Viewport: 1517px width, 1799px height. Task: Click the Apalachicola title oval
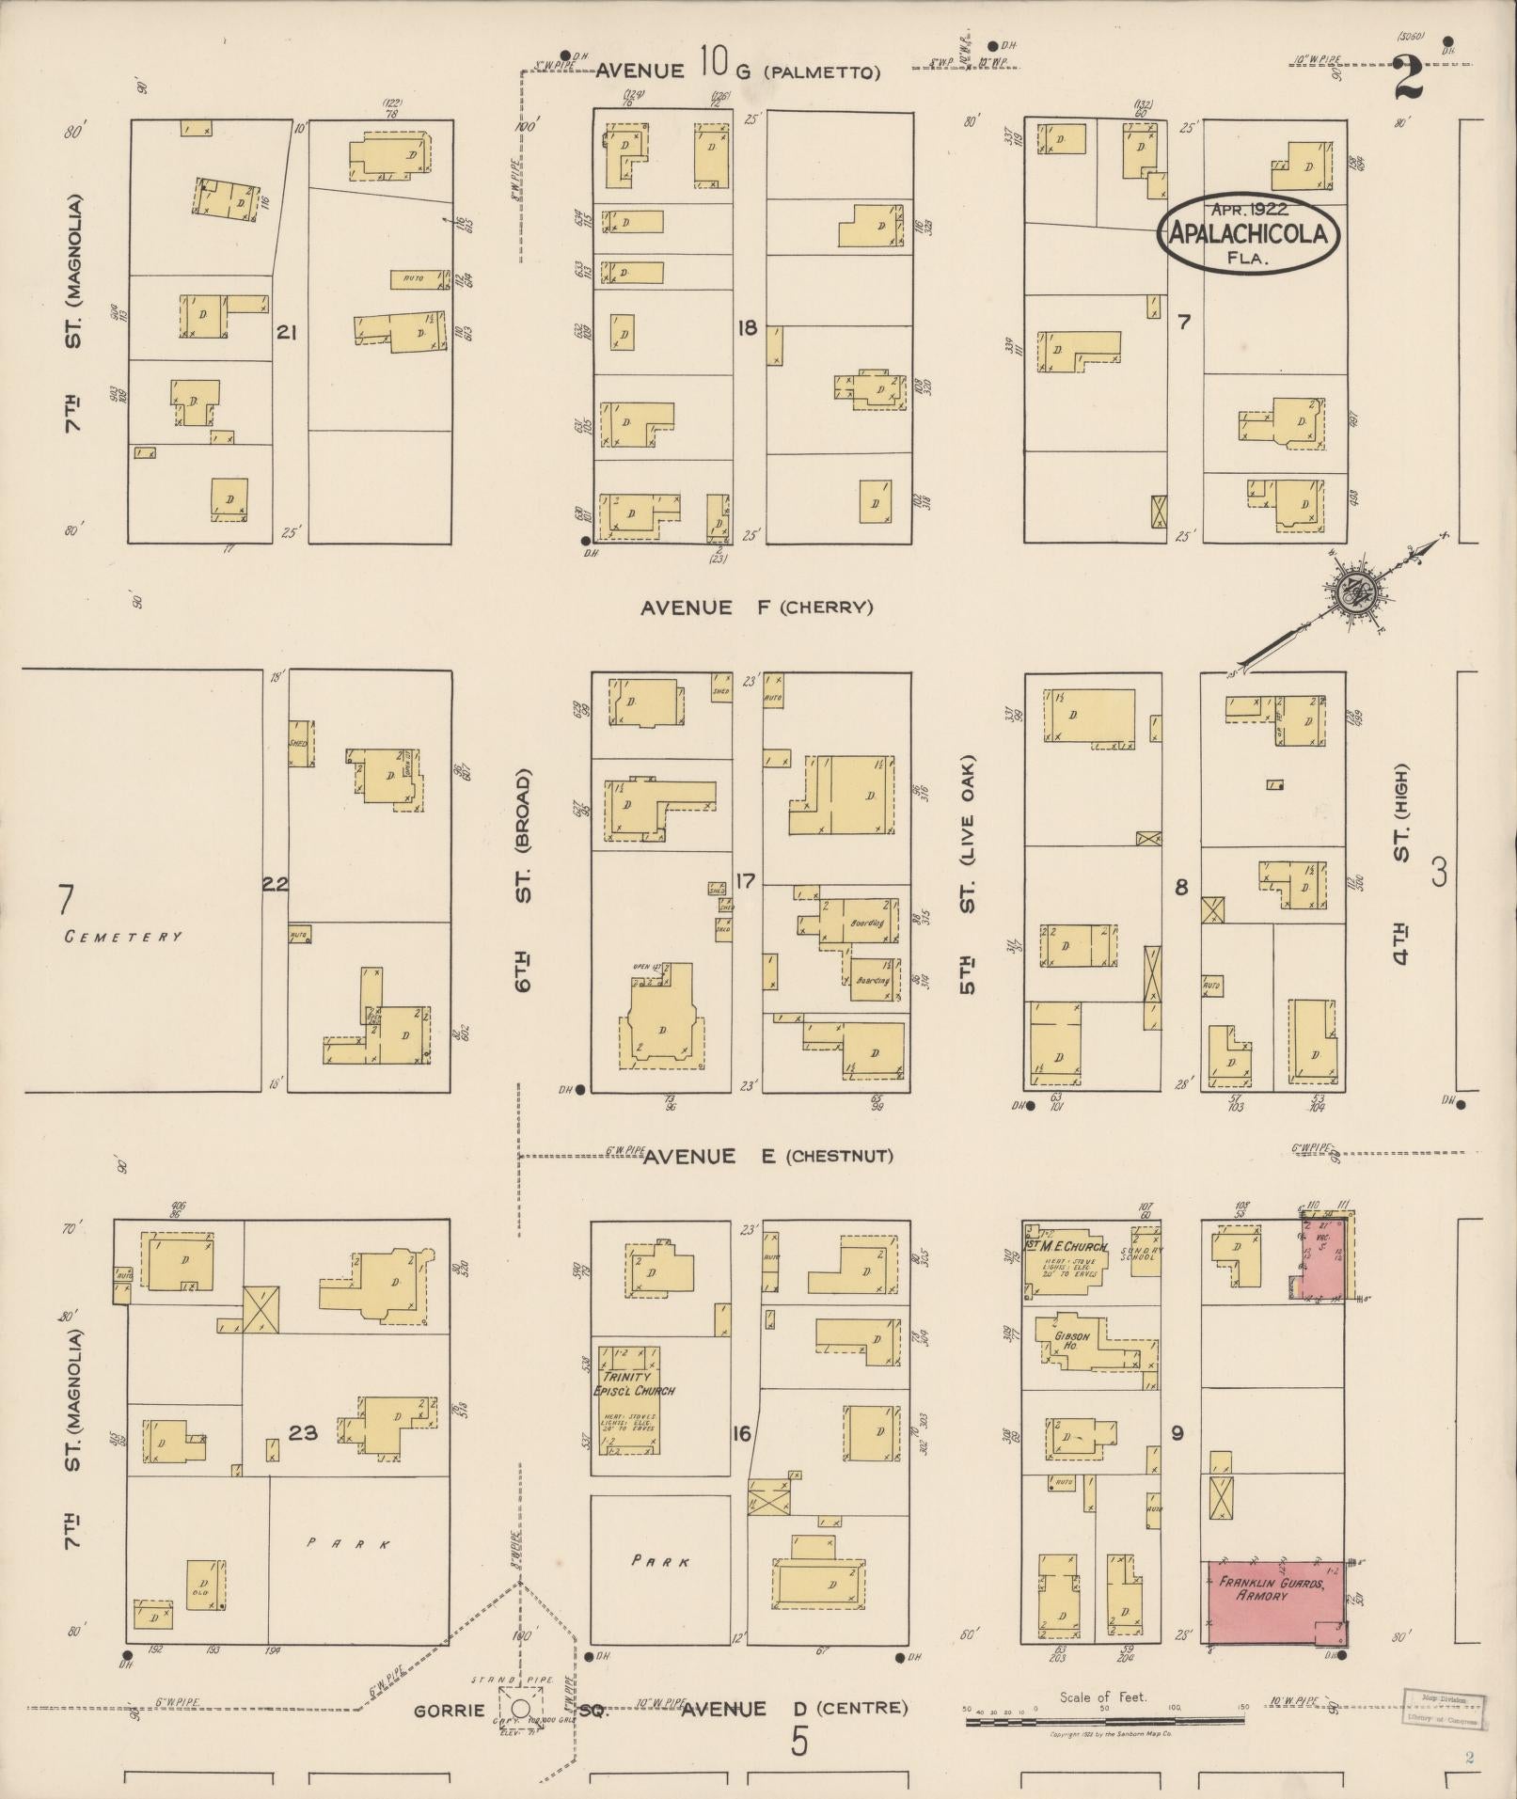click(x=1248, y=233)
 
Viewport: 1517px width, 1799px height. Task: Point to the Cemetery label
click(x=123, y=937)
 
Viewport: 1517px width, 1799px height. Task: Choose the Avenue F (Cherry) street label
click(x=756, y=608)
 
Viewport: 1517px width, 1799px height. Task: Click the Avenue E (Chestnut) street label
click(x=767, y=1156)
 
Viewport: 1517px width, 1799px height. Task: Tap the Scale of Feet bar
click(x=1104, y=1721)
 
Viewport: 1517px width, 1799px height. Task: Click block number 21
click(x=287, y=332)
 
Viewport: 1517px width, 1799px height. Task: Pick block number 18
click(x=748, y=329)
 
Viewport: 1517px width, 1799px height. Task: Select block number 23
click(x=303, y=1433)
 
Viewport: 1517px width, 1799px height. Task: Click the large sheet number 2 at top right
click(x=1409, y=79)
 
